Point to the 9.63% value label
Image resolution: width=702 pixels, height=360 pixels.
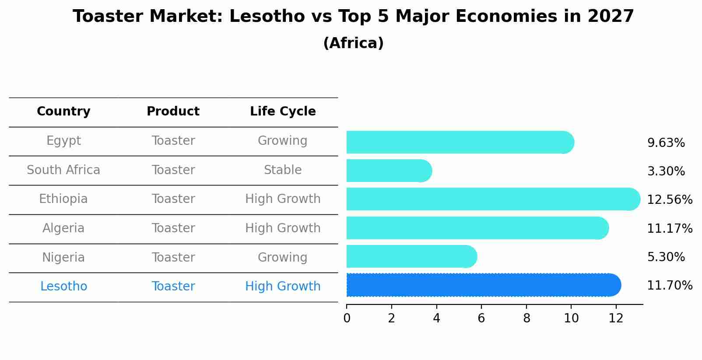[x=666, y=143]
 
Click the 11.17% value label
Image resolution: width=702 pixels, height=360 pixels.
[x=669, y=228]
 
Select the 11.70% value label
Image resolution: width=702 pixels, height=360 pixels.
[x=669, y=286]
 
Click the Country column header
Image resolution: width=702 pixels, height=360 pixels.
[x=63, y=112]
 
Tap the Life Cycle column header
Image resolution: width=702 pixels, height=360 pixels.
[x=283, y=112]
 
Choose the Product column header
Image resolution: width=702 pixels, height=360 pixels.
[x=173, y=112]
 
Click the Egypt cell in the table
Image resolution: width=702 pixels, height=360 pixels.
[x=63, y=141]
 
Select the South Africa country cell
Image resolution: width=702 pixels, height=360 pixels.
[x=63, y=170]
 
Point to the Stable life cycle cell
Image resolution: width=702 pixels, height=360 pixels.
[x=283, y=170]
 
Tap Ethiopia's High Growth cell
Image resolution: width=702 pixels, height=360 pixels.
[x=283, y=199]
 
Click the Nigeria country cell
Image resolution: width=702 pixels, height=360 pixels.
[x=63, y=257]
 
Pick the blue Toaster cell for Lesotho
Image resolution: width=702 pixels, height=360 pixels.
[x=173, y=287]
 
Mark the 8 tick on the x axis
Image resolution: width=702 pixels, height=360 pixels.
[x=526, y=318]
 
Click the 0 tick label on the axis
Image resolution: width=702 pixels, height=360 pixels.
[x=347, y=318]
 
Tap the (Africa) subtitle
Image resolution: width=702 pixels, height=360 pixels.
[x=353, y=43]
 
